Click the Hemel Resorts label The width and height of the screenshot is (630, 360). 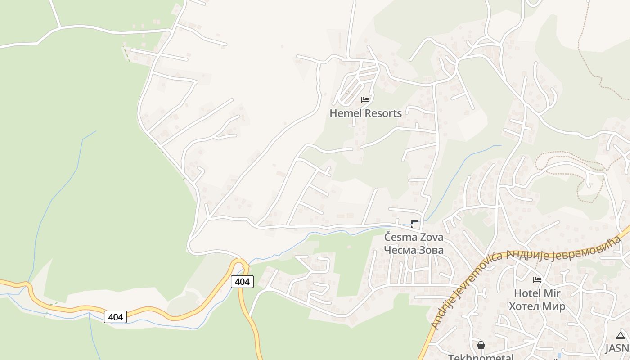[365, 113]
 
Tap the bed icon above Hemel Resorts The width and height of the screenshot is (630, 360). [365, 99]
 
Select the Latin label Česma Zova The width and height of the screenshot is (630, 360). [414, 237]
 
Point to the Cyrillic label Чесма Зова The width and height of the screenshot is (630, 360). [414, 250]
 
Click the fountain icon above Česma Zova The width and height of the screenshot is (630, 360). [414, 223]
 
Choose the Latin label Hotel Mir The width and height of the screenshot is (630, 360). [537, 293]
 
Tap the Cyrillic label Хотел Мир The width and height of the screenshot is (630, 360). [537, 306]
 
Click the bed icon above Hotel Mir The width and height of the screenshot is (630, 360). [537, 280]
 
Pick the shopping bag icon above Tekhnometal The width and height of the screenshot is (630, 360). [481, 345]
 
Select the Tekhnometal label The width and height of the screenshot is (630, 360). [481, 357]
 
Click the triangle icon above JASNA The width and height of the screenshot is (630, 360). [621, 335]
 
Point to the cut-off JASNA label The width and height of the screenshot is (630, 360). [617, 348]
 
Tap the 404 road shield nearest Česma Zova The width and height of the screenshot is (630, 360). [242, 282]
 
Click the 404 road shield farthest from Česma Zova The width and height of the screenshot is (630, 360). [115, 317]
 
